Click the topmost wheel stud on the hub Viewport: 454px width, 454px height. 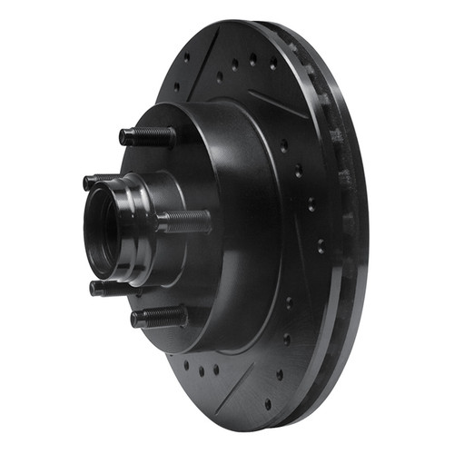[x=150, y=136]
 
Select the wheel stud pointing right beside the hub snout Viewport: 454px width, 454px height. [x=186, y=221]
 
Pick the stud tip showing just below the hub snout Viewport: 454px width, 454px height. [x=100, y=288]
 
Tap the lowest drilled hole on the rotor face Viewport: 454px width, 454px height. [x=267, y=405]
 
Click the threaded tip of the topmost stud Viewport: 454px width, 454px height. [x=125, y=138]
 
